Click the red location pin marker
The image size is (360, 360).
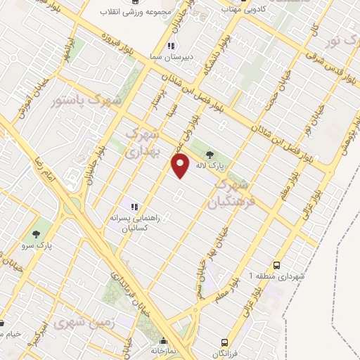coord(181,165)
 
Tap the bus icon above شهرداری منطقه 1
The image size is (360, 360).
coord(278,265)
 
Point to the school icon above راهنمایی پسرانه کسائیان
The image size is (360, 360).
coord(134,207)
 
